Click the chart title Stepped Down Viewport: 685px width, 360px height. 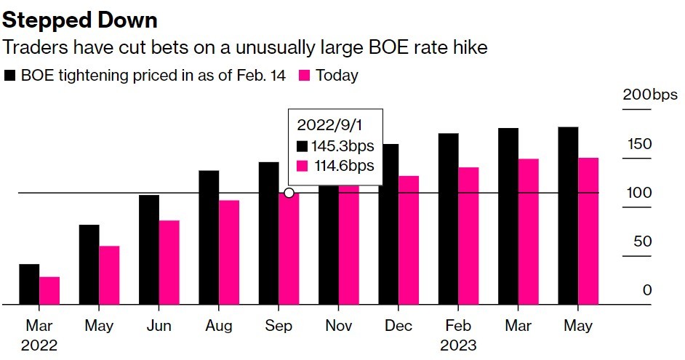(x=80, y=20)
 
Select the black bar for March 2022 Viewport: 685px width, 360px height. (x=29, y=284)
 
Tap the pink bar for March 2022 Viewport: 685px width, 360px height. (x=49, y=291)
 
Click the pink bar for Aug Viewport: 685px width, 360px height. (x=229, y=252)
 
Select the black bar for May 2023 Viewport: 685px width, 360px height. (x=568, y=216)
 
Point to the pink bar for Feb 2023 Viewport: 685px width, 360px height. (x=468, y=236)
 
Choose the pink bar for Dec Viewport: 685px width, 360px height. (x=409, y=240)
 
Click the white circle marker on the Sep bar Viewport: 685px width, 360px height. (x=289, y=193)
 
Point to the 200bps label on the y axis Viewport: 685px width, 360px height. (x=649, y=96)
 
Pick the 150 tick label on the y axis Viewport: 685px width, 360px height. (x=640, y=144)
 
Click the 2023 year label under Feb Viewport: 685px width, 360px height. (x=458, y=344)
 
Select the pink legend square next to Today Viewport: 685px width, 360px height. (x=305, y=76)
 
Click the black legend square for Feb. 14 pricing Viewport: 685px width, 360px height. (x=9, y=76)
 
